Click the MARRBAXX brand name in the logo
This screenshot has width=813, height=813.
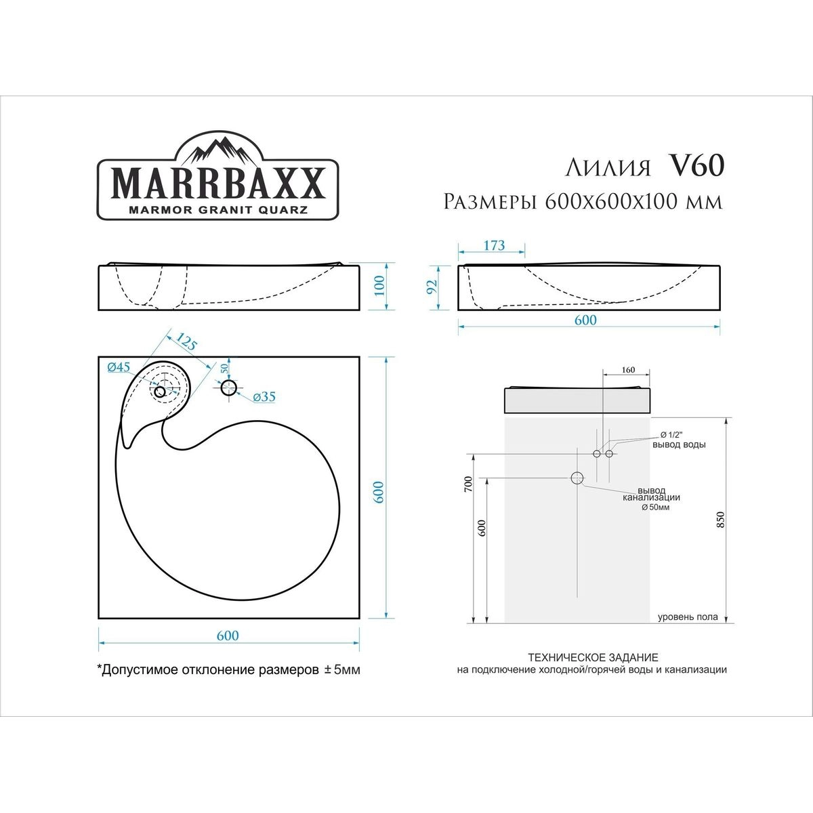[217, 184]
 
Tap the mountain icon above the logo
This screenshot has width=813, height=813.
[219, 152]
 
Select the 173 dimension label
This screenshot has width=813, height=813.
[494, 245]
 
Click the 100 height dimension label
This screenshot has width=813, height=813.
[379, 286]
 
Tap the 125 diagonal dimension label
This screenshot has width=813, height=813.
[186, 341]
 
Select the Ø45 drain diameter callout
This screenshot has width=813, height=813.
[119, 367]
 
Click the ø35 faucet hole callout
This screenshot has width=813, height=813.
[264, 396]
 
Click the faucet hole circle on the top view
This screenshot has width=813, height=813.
[229, 388]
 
